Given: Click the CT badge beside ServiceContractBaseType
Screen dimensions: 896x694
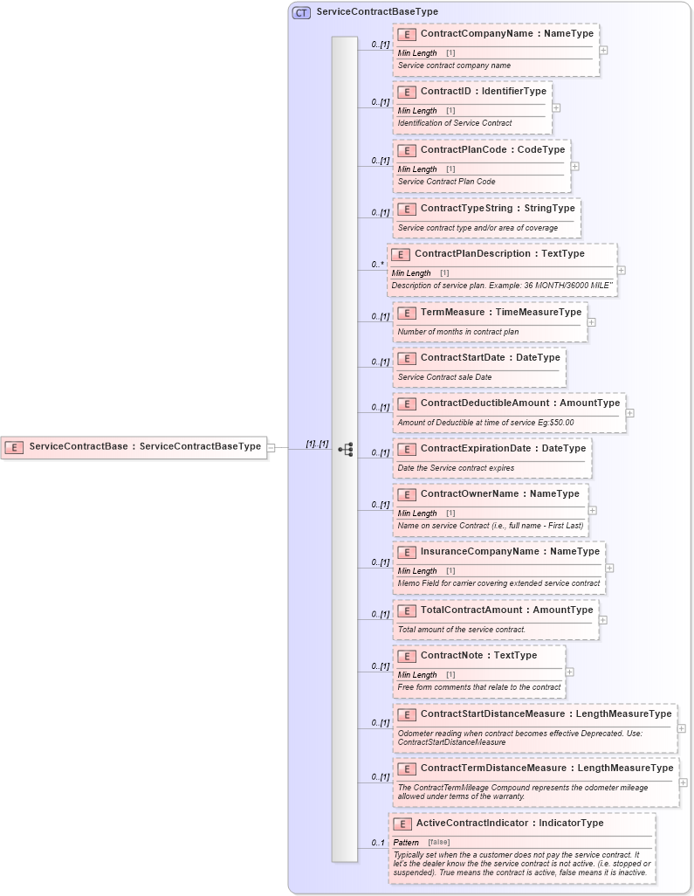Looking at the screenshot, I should pyautogui.click(x=301, y=12).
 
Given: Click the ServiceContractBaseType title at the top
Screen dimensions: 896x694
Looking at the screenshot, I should pyautogui.click(x=377, y=12).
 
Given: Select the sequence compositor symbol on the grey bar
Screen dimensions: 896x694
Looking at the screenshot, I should pyautogui.click(x=345, y=450).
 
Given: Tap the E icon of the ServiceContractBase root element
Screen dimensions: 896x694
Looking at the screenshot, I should pyautogui.click(x=14, y=447).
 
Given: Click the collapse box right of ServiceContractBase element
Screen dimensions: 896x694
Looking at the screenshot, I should pyautogui.click(x=271, y=447).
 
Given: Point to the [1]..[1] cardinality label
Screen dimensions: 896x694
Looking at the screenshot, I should pyautogui.click(x=317, y=444).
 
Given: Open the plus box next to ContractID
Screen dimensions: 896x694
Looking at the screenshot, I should pyautogui.click(x=556, y=108).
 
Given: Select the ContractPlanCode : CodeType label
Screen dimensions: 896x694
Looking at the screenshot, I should pyautogui.click(x=492, y=150).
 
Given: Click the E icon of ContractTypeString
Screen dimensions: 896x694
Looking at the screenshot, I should pyautogui.click(x=406, y=210).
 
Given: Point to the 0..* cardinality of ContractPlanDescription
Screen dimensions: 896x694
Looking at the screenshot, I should pyautogui.click(x=377, y=265).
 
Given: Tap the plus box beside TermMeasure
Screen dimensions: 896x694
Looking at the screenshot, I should pyautogui.click(x=591, y=322).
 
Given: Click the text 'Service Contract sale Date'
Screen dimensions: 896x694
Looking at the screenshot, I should pyautogui.click(x=444, y=377).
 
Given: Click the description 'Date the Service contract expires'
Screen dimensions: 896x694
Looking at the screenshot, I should pyautogui.click(x=456, y=468).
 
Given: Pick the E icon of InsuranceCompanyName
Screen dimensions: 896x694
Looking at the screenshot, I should pyautogui.click(x=406, y=552).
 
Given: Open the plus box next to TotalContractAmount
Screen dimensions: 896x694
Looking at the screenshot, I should pyautogui.click(x=602, y=620).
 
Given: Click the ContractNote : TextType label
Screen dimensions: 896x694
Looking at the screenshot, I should pyautogui.click(x=478, y=656).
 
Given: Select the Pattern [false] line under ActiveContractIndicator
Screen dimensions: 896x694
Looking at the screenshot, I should pyautogui.click(x=422, y=842).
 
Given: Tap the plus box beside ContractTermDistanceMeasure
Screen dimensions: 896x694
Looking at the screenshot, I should pyautogui.click(x=684, y=782).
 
